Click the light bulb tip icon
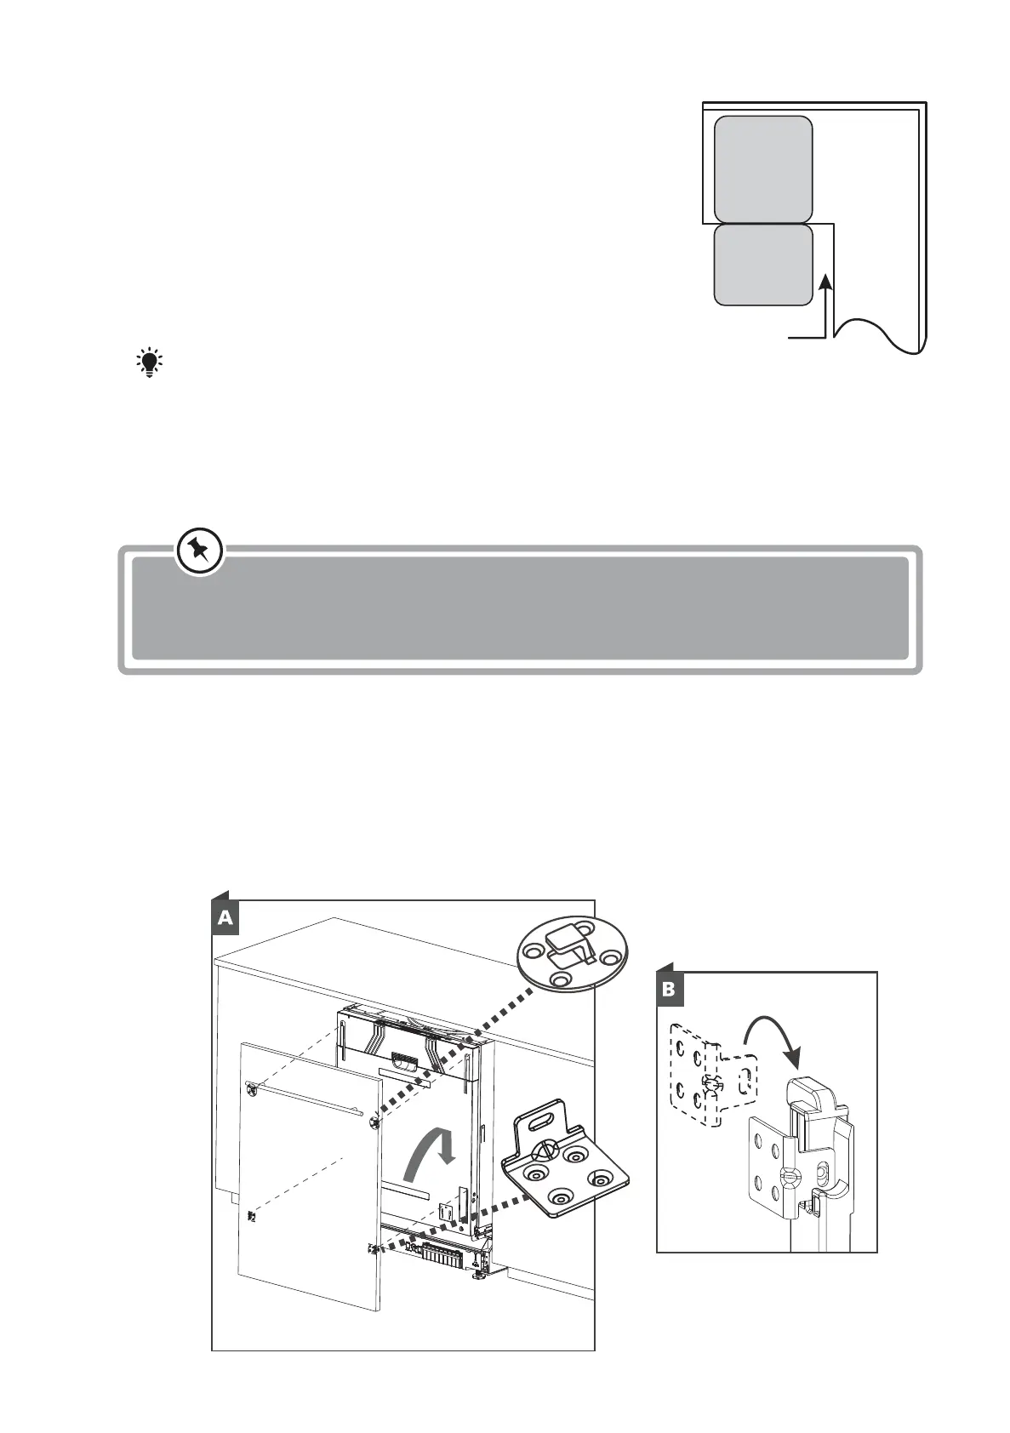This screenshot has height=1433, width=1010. click(x=150, y=363)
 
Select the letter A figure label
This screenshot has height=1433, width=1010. click(x=225, y=917)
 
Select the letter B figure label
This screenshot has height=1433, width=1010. click(x=669, y=990)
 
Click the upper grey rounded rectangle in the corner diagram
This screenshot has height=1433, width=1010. click(x=762, y=168)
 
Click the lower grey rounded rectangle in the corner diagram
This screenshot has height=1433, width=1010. click(x=762, y=265)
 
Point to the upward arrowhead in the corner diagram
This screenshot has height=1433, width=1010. click(x=824, y=283)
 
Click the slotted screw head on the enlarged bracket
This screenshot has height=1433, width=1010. click(x=541, y=1151)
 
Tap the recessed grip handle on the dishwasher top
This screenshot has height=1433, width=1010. click(x=401, y=1062)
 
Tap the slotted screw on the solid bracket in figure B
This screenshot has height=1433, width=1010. click(x=789, y=1178)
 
